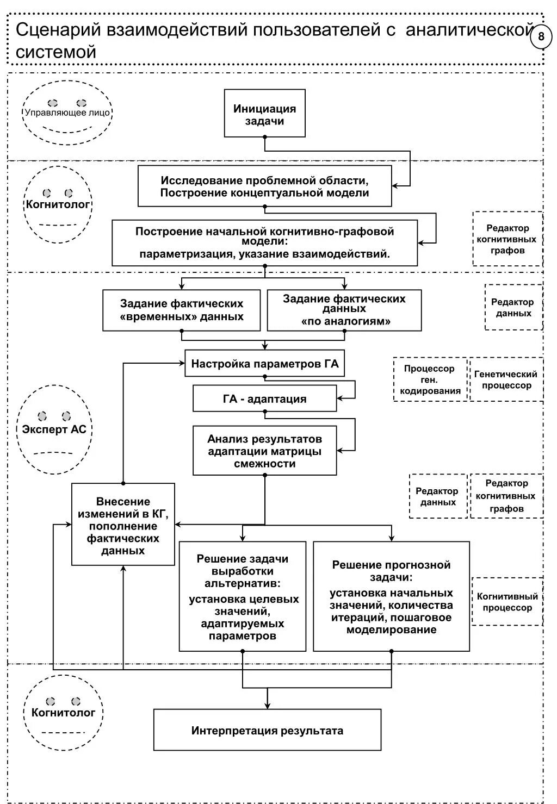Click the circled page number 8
tap(541, 37)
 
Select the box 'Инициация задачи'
tap(265, 113)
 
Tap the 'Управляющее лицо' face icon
tap(67, 113)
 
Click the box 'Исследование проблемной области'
tap(265, 186)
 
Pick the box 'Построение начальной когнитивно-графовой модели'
tap(265, 243)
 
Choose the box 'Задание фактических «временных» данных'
tap(181, 310)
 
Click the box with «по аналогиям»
tap(344, 310)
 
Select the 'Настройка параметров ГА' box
tap(265, 363)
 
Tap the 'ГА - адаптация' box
tap(265, 398)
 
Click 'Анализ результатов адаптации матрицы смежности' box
tap(265, 451)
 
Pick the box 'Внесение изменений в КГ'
tap(123, 525)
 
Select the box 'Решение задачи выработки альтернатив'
tap(243, 596)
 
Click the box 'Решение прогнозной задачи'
tap(391, 596)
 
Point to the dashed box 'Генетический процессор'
tap(506, 379)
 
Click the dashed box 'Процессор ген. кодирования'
tap(430, 379)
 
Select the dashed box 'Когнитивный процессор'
tap(507, 602)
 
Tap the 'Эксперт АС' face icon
tap(54, 429)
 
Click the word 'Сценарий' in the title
tap(58, 30)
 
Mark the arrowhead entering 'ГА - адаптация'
tap(340, 398)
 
